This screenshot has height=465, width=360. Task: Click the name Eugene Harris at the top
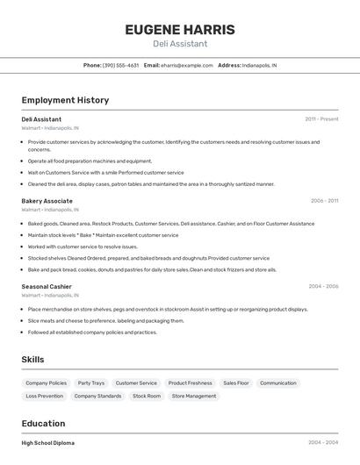180,30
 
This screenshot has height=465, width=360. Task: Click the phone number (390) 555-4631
120,65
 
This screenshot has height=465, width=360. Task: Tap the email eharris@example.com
186,65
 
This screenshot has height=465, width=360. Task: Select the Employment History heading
65,100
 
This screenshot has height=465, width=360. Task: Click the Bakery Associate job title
47,201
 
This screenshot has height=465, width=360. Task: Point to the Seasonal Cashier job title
47,286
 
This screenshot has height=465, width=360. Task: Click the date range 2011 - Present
321,118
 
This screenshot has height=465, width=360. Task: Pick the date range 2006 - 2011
324,201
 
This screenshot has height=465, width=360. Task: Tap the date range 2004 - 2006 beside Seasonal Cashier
323,286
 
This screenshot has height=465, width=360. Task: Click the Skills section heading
32,360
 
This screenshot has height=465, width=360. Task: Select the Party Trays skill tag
91,383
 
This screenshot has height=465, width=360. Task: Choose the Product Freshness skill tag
190,383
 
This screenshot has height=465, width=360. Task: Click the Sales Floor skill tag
236,383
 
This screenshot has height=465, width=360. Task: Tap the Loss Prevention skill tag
45,396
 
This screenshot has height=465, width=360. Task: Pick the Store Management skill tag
194,396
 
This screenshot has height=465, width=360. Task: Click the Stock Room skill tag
147,396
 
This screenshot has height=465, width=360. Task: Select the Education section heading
43,423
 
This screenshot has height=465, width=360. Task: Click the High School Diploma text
48,443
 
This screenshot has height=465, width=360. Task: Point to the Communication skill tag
278,383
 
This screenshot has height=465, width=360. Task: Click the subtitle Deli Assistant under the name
180,44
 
